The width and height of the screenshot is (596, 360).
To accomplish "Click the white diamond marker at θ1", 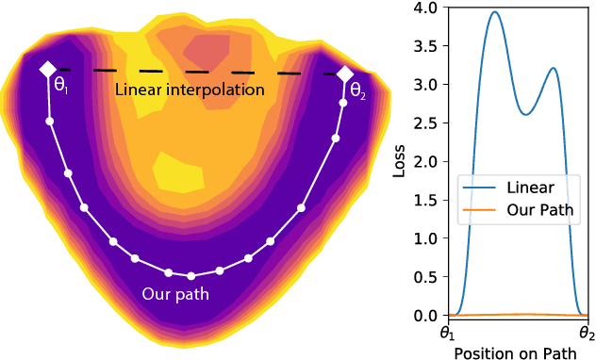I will pos(47,70).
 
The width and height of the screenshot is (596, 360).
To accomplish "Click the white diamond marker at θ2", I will pos(345,74).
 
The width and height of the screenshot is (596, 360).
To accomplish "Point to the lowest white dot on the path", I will pos(191,275).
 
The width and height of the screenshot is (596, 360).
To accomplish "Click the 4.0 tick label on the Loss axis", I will pos(425,8).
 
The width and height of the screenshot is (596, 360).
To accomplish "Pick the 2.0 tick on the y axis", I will pos(425,161).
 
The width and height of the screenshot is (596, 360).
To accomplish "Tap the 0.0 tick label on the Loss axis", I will pos(425,315).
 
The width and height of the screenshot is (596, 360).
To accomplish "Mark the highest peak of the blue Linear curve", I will pos(494,12).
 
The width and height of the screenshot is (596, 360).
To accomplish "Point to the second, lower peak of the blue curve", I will pos(554,68).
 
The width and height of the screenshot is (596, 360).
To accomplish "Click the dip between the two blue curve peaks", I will pos(527,115).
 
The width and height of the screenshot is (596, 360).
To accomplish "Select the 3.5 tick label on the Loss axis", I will pos(425,47).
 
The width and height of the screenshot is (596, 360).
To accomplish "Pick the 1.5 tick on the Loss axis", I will pos(425,200).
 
